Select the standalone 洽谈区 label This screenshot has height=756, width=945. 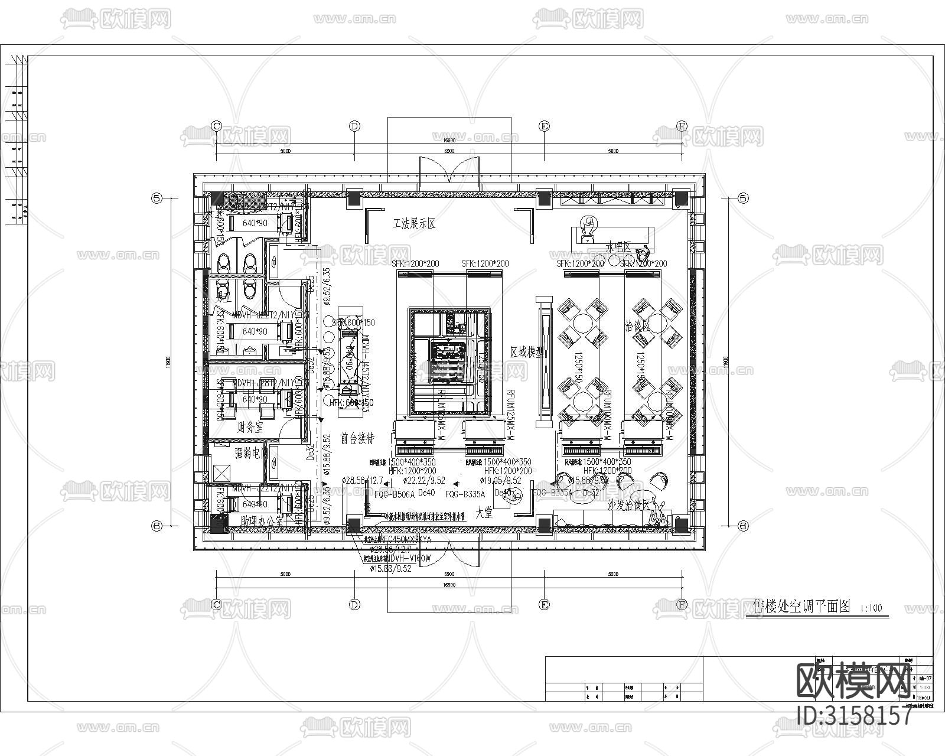638,325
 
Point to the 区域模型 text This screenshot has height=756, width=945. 527,351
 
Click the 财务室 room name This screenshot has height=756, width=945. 250,427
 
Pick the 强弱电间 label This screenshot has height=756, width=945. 251,453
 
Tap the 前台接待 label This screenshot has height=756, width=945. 357,438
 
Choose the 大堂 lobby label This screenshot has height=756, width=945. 484,513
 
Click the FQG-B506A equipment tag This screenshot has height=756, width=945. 395,494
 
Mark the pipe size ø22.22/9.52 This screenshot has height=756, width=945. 424,481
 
